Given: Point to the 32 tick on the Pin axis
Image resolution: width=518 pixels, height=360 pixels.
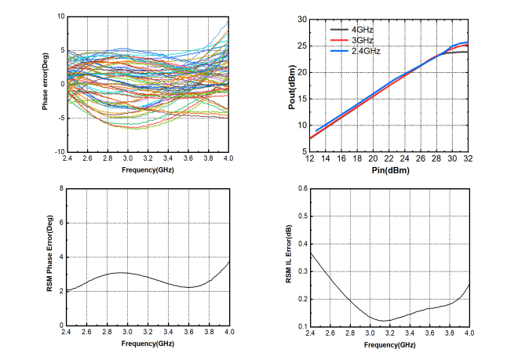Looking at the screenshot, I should coord(469,159).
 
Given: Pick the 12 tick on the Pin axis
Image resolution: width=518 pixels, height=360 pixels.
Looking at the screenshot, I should coord(311,159).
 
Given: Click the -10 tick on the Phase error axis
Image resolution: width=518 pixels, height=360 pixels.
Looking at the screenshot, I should coord(57,151).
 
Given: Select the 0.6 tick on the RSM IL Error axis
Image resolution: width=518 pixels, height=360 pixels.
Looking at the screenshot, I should coord(299,189).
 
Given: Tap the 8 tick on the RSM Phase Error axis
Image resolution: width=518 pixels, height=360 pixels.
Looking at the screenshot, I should coord(60,189).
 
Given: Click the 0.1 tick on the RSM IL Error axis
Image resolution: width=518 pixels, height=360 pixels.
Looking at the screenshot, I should coord(299,325).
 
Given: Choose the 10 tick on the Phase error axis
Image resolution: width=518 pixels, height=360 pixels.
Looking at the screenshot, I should coord(59,16).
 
